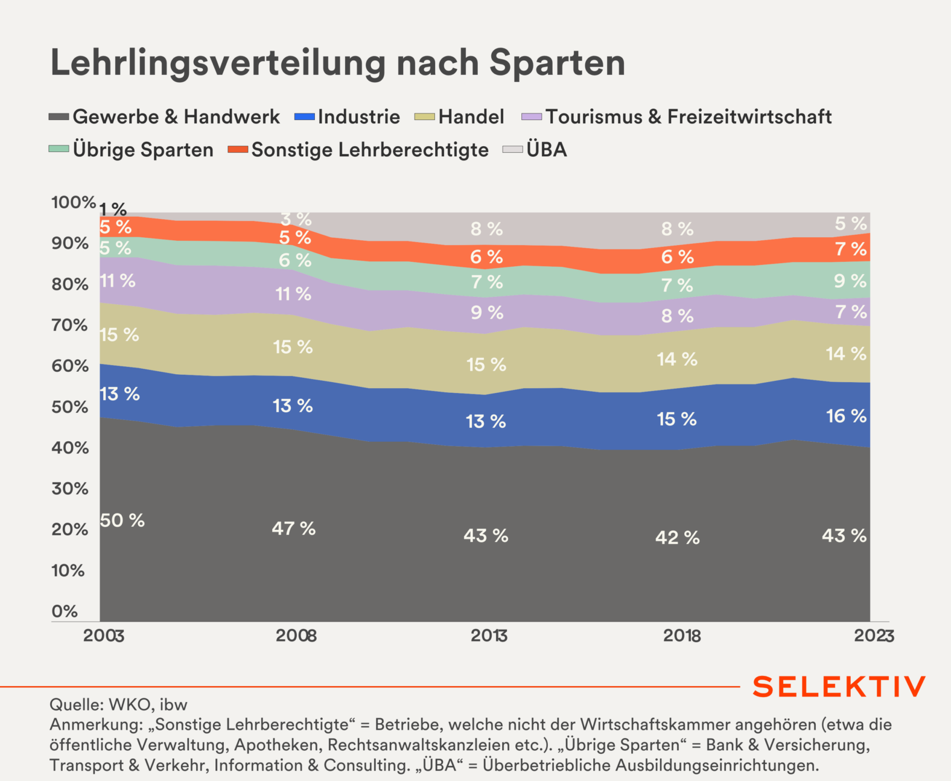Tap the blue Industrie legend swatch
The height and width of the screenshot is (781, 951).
(x=305, y=116)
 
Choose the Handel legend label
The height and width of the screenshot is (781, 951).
(x=471, y=116)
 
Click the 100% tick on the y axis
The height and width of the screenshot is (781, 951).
(x=73, y=202)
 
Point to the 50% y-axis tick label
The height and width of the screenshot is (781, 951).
(x=70, y=407)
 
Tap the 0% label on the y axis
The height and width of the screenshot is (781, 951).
(x=65, y=611)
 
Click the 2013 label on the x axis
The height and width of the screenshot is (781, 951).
(x=489, y=636)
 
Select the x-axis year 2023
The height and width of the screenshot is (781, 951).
(x=874, y=636)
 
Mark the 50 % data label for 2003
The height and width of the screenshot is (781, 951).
(x=122, y=520)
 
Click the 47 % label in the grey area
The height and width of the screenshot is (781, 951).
(x=293, y=529)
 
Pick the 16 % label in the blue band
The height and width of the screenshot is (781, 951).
(x=846, y=416)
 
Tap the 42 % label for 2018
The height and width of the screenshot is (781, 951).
(x=677, y=537)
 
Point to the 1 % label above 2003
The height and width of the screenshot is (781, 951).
(x=113, y=209)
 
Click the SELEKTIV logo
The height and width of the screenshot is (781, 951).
(x=839, y=687)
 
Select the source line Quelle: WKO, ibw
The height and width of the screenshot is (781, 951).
(x=118, y=704)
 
